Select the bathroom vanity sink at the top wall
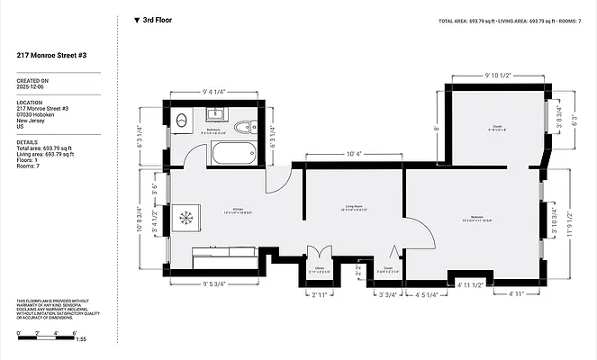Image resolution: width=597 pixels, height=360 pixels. [215, 114]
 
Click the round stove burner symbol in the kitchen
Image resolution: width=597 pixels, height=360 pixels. [187, 217]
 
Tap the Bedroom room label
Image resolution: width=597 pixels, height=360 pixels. [475, 217]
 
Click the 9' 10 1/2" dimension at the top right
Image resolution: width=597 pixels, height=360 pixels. [499, 75]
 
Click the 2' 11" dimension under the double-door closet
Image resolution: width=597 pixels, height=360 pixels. [320, 293]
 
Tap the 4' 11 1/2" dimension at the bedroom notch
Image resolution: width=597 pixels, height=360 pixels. [471, 285]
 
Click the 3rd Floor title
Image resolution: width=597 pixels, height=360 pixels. [158, 19]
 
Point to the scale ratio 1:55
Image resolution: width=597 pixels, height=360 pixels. [81, 338]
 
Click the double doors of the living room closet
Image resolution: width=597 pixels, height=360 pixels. [314, 253]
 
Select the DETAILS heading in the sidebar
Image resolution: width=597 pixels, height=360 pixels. [28, 141]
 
